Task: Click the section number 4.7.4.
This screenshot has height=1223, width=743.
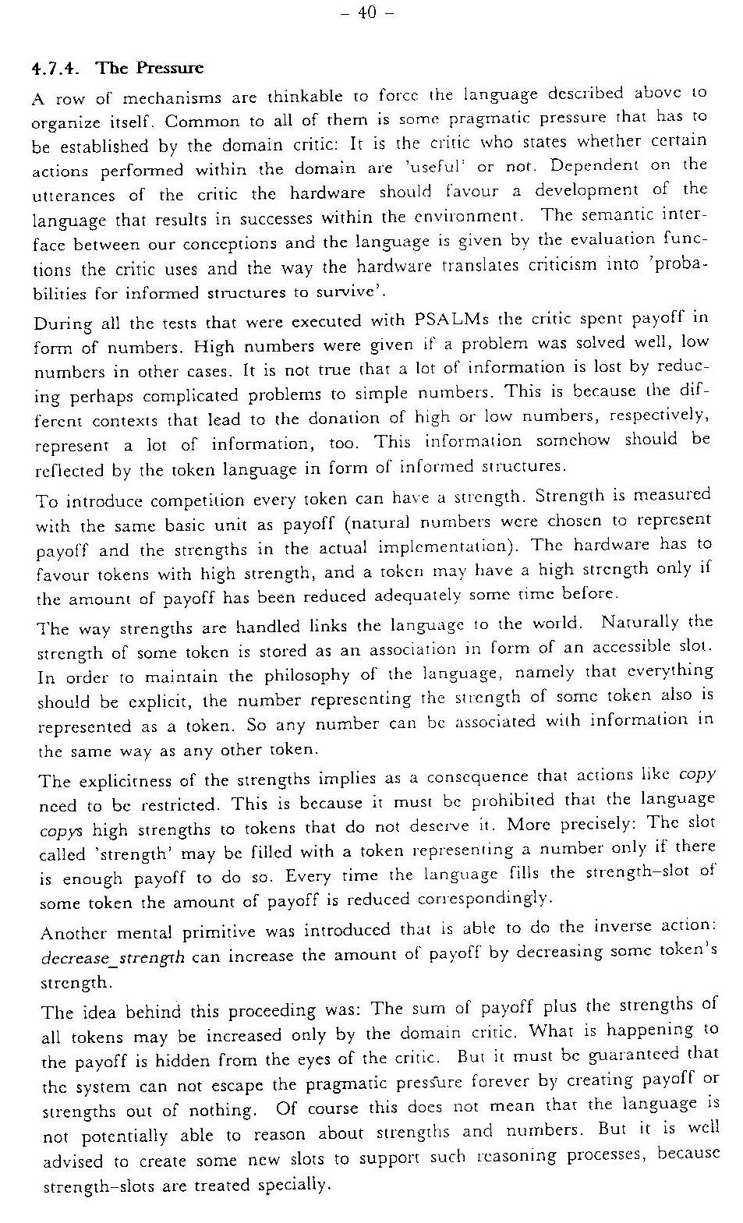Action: pyautogui.click(x=55, y=69)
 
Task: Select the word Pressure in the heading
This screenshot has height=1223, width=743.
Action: pyautogui.click(x=170, y=68)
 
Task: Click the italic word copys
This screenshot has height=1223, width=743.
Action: pyautogui.click(x=60, y=830)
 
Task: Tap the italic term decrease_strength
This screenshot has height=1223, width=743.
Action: pyautogui.click(x=112, y=956)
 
